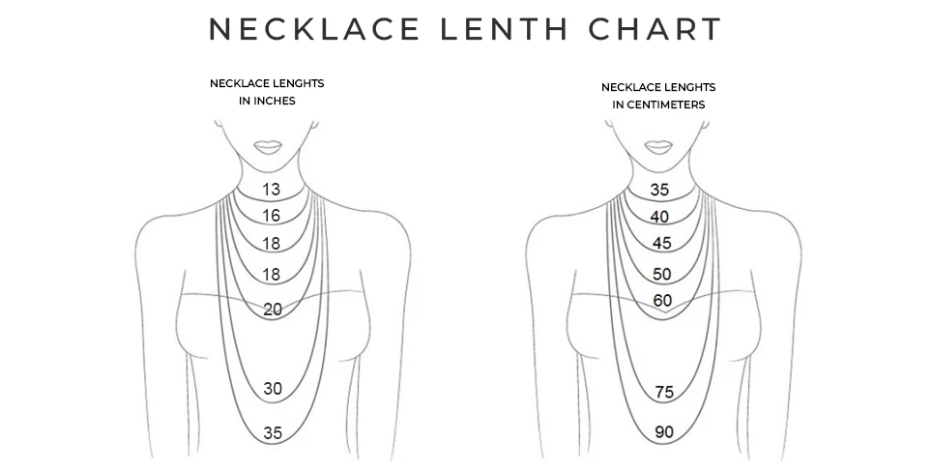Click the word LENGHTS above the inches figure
(296, 83)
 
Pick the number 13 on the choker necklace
(271, 189)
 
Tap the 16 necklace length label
(271, 215)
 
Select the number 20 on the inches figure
(273, 310)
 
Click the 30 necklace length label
(273, 389)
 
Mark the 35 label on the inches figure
(273, 433)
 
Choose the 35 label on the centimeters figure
(659, 190)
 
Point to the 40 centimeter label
(659, 217)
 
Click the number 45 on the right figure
(662, 243)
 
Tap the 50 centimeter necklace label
(662, 274)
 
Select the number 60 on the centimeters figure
(662, 301)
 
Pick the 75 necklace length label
(663, 392)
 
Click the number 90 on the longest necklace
(663, 432)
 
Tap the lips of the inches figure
(268, 146)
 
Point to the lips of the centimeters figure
(659, 147)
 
